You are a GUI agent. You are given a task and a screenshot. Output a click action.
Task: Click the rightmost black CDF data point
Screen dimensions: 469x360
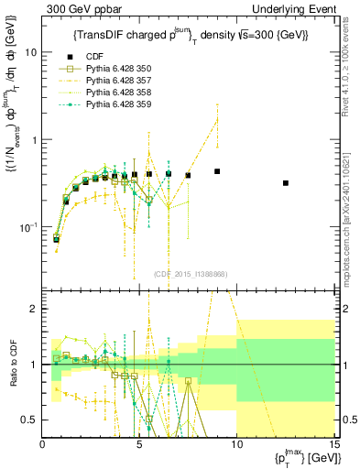click(x=286, y=183)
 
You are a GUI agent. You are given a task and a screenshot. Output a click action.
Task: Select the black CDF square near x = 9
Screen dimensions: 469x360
click(x=217, y=171)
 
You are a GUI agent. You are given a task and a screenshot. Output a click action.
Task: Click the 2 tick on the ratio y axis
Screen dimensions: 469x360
click(x=35, y=309)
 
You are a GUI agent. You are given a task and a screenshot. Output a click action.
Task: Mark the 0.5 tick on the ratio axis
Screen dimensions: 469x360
click(x=31, y=420)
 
